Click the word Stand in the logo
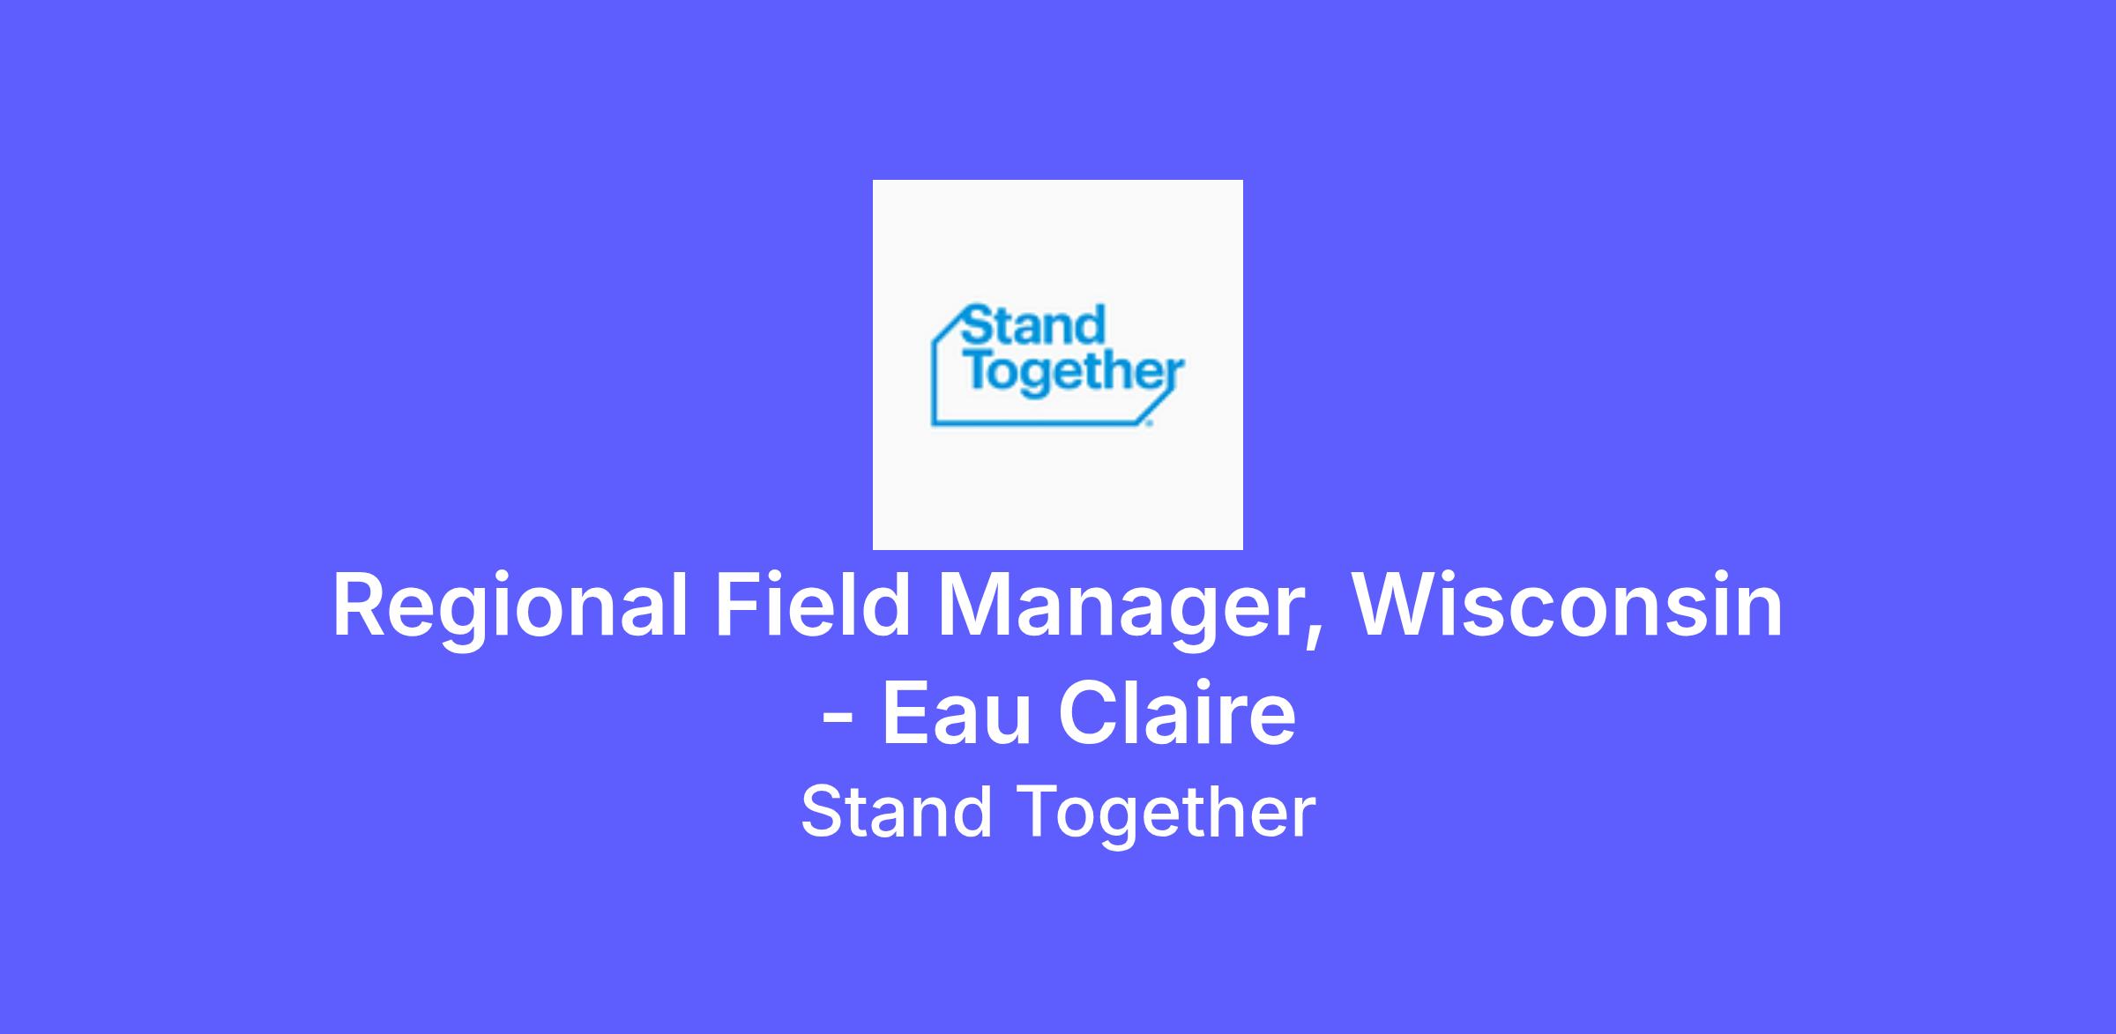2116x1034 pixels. [1032, 325]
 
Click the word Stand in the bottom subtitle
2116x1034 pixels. [896, 812]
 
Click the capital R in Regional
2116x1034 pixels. [360, 606]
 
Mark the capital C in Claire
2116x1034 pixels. [1088, 713]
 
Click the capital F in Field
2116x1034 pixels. [737, 606]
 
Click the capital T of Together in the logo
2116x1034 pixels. [979, 371]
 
